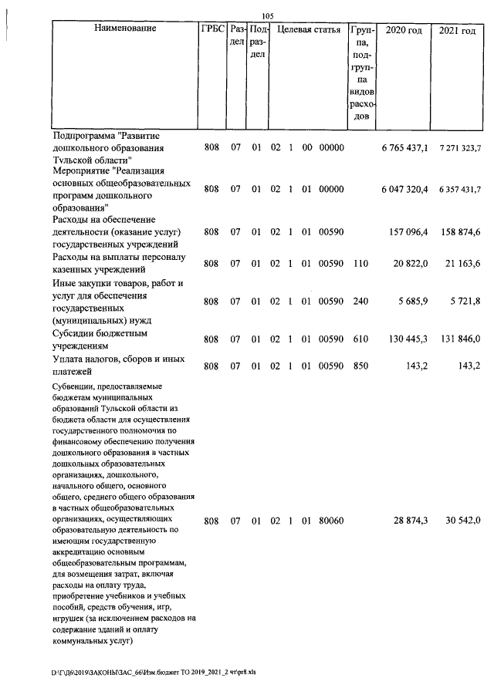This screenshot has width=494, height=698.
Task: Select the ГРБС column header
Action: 212,30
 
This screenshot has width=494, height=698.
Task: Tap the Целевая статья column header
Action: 308,30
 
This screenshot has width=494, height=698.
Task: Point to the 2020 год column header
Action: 403,30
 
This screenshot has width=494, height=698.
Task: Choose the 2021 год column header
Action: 457,30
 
